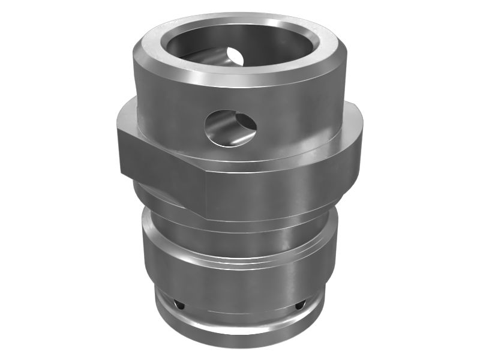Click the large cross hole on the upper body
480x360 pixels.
pyautogui.click(x=230, y=127)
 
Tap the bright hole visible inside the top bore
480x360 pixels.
pyautogui.click(x=236, y=55)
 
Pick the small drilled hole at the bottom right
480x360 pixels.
pyautogui.click(x=298, y=307)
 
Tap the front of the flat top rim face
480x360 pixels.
pyautogui.click(x=240, y=75)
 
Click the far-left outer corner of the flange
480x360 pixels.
pyautogui.click(x=118, y=144)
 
